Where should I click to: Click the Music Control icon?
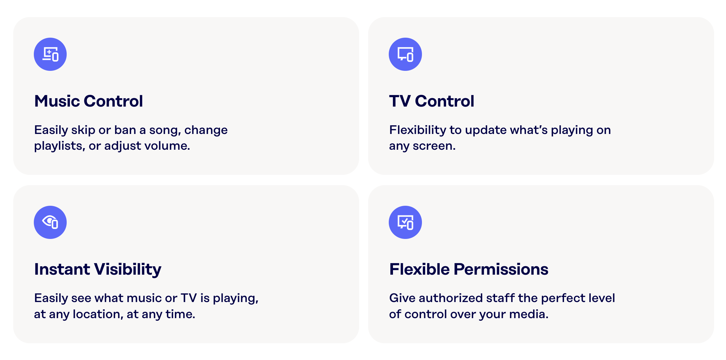(50, 54)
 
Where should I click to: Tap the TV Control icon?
(405, 54)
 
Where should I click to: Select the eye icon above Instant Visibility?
(50, 222)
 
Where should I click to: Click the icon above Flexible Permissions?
(405, 222)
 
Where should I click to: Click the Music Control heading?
(89, 101)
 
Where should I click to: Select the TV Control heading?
(432, 101)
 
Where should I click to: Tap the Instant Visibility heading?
(98, 269)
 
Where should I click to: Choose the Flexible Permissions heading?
(469, 269)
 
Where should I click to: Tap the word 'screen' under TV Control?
(433, 146)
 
